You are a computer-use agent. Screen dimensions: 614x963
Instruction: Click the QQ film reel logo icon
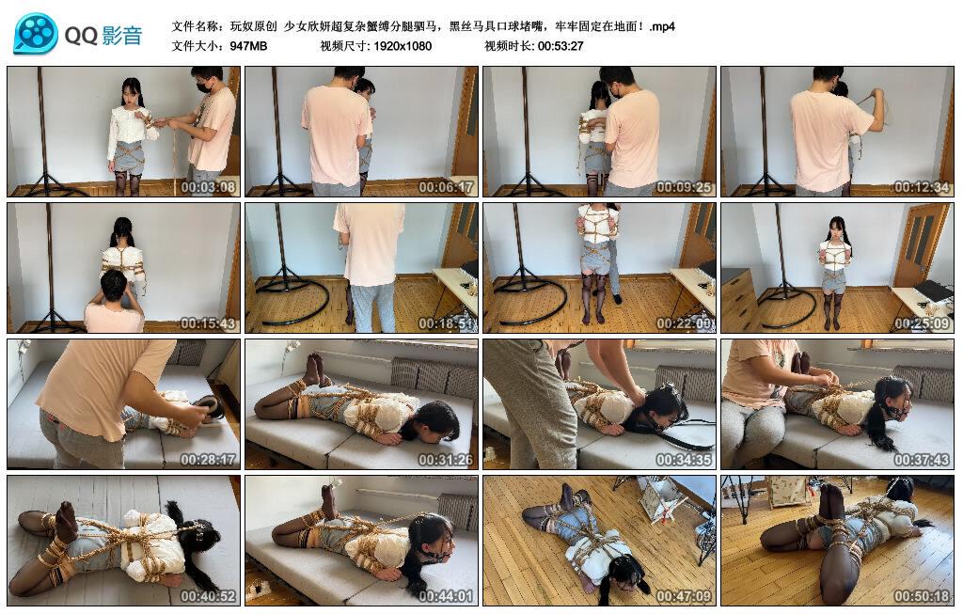coord(36,35)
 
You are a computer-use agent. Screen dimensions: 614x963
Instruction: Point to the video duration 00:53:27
coord(560,45)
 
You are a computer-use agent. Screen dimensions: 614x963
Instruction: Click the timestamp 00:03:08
coord(206,187)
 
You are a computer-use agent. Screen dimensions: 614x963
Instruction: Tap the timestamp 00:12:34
coord(921,187)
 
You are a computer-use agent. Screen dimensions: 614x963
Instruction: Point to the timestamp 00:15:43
coord(206,323)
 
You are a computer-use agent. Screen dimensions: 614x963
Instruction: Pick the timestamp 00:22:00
coord(683,323)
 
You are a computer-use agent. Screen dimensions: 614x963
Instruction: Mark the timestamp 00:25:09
coord(921,323)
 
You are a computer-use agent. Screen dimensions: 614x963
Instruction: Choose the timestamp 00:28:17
coord(206,460)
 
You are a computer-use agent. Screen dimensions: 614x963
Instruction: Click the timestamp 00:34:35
coord(683,460)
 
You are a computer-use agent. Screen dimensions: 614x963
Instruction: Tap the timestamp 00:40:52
coord(206,596)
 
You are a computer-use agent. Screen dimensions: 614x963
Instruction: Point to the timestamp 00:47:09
coord(683,596)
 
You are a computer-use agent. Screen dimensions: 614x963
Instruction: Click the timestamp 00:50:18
coord(921,596)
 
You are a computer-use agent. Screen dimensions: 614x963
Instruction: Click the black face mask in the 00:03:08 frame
coord(202,87)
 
